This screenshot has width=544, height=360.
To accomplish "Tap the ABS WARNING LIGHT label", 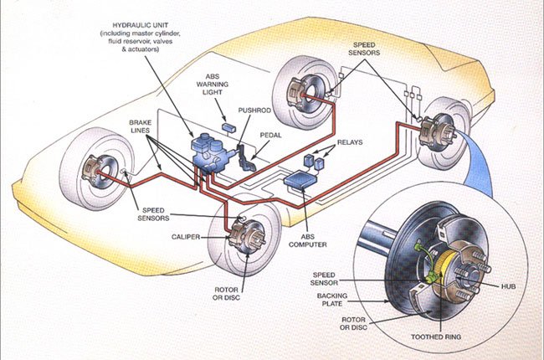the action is point(213,84).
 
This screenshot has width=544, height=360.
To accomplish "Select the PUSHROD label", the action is point(254,111).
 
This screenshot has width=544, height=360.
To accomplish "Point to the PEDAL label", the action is point(270,135).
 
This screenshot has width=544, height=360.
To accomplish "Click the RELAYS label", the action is point(350,142).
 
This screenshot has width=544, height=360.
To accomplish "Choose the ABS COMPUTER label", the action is point(308,240).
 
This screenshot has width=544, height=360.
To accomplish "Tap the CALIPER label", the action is point(186,237).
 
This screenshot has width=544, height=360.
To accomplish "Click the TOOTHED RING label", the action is point(436,337).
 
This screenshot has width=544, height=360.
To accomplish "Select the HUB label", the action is point(508,286).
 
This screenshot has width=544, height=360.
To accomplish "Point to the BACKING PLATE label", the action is point(331,300).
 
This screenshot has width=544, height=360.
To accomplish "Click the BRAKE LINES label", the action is point(140,126).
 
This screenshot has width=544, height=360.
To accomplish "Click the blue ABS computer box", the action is point(300,179).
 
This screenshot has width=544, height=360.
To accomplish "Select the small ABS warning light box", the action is point(229,126).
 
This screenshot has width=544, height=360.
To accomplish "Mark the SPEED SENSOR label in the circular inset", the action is point(324,279).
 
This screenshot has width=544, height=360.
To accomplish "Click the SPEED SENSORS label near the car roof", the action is point(364,49).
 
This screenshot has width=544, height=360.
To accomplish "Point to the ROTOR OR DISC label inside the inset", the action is point(353,323).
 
